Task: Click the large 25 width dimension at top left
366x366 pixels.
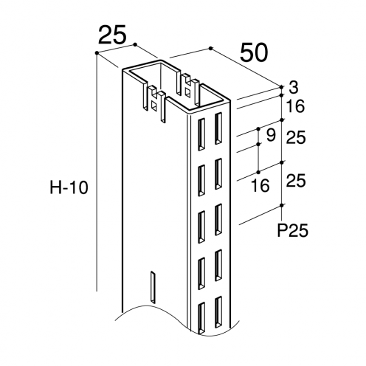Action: click(x=112, y=34)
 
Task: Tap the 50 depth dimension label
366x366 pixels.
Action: click(x=254, y=52)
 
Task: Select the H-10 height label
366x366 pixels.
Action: click(x=69, y=188)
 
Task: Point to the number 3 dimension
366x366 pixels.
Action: click(x=294, y=87)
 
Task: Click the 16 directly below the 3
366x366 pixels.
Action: click(x=296, y=106)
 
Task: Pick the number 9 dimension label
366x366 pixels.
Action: click(x=271, y=135)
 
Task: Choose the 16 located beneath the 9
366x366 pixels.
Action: click(x=260, y=185)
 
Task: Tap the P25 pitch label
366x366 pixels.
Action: click(x=293, y=231)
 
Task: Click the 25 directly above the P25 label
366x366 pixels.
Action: click(x=296, y=180)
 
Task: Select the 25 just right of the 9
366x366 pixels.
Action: click(x=296, y=137)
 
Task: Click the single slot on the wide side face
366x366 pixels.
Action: click(x=153, y=287)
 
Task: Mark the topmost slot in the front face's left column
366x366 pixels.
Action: click(x=201, y=134)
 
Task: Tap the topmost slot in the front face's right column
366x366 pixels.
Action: click(x=218, y=128)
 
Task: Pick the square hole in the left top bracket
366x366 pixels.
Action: click(x=154, y=106)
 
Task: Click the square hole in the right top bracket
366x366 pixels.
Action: click(x=187, y=92)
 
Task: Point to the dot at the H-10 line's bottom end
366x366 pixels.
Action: click(x=97, y=290)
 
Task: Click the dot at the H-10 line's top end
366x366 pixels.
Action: click(x=97, y=52)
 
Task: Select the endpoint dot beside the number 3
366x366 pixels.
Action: click(x=282, y=87)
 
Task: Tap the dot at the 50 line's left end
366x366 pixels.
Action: click(x=210, y=48)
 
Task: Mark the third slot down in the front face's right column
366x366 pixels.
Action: click(x=218, y=219)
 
